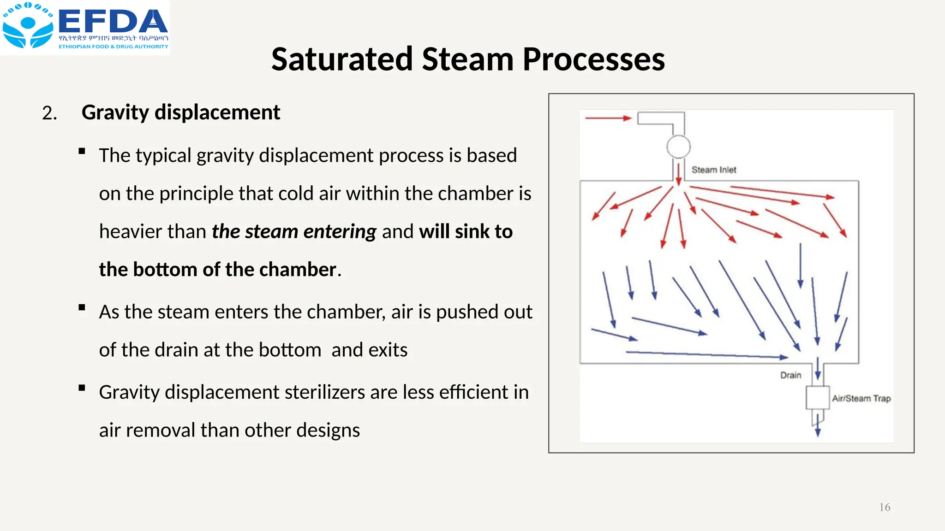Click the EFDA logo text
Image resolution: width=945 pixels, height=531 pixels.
tap(113, 22)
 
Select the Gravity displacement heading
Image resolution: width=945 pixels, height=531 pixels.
tap(181, 112)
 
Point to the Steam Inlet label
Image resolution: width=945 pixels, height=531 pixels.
tap(713, 170)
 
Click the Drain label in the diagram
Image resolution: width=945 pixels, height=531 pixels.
tap(790, 375)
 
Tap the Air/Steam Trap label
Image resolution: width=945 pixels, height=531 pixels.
tap(861, 398)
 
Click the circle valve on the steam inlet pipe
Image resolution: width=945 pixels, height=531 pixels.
tap(678, 147)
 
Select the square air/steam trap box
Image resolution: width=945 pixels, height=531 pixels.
tap(818, 398)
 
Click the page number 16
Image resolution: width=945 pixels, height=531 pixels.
tap(885, 507)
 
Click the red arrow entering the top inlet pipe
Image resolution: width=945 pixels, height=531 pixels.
tap(608, 118)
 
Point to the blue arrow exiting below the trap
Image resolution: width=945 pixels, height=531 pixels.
tap(818, 426)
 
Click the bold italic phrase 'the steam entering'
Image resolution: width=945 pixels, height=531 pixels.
tap(294, 231)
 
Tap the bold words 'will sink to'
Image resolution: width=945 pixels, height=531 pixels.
tap(466, 231)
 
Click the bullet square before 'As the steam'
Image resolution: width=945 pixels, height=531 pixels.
tap(82, 307)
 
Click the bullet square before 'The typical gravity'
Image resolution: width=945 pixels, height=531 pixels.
tap(82, 151)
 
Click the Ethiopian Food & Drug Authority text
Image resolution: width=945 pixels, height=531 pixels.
tap(113, 47)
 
